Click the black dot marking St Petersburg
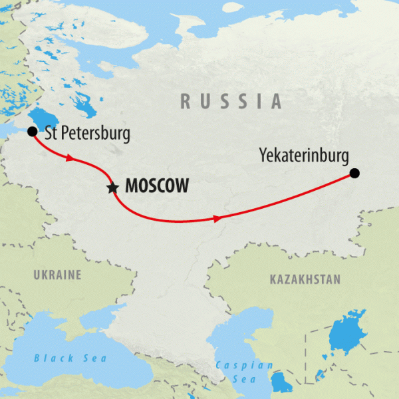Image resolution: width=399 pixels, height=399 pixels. click(x=31, y=132)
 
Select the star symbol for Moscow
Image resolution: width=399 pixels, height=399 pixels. click(x=112, y=188)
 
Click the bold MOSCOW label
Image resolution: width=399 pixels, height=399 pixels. click(x=156, y=187)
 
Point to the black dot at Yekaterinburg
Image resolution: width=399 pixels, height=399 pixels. click(x=354, y=174)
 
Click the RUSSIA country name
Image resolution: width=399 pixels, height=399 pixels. click(x=231, y=101)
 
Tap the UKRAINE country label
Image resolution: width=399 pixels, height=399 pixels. click(x=57, y=275)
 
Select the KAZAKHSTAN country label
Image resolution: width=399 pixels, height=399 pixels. click(x=305, y=279)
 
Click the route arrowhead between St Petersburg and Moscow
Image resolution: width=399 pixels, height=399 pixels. click(x=68, y=158)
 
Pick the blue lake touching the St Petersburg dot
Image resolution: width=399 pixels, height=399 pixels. click(x=41, y=120)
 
